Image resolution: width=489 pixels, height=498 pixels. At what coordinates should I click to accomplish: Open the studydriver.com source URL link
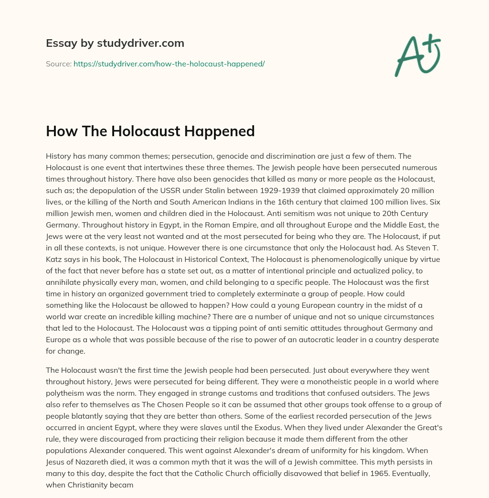(169, 64)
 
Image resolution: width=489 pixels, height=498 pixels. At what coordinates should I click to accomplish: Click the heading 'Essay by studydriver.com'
(115, 43)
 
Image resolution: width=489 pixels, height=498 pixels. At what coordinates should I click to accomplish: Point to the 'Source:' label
(58, 64)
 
